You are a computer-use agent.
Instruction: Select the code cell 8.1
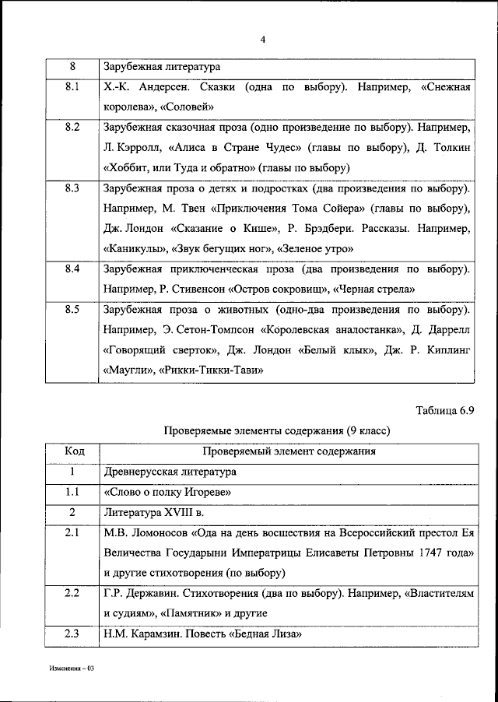pyautogui.click(x=72, y=87)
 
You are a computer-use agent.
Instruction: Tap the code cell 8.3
pyautogui.click(x=72, y=188)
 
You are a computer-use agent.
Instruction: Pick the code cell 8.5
pyautogui.click(x=72, y=310)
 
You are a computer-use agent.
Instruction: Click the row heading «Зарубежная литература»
pyautogui.click(x=162, y=67)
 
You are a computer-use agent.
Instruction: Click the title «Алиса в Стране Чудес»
pyautogui.click(x=233, y=148)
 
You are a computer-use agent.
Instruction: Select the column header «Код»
pyautogui.click(x=72, y=451)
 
